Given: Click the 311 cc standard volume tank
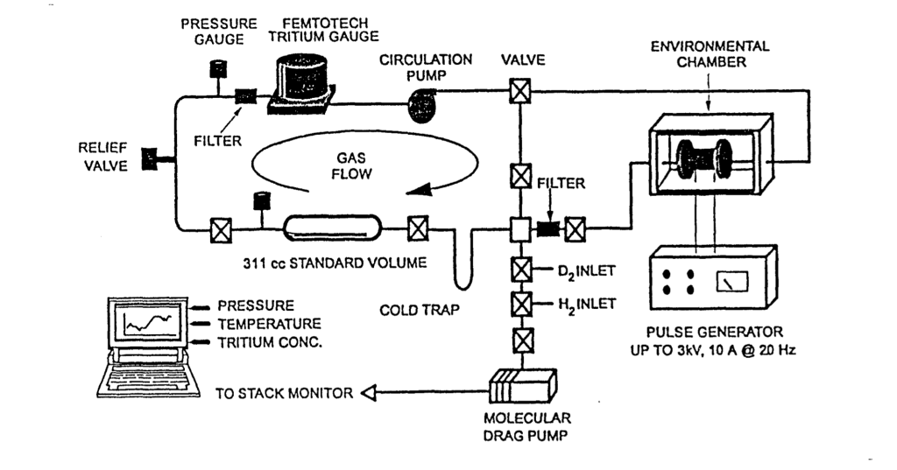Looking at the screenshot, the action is tap(332, 228).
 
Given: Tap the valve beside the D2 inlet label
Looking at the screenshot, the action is tap(521, 270).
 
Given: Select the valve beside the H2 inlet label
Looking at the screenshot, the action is tap(521, 304).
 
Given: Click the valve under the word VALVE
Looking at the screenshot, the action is tap(520, 91).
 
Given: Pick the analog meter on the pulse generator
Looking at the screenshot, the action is tap(731, 282).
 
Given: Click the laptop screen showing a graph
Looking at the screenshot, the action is tap(147, 322).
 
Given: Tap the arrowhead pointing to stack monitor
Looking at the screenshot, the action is tap(369, 393).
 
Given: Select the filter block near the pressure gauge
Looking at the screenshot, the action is tap(246, 96).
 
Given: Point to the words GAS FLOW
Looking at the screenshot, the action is tap(351, 165).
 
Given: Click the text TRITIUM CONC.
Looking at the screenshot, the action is tap(270, 342).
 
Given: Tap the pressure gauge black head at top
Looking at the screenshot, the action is tap(218, 68).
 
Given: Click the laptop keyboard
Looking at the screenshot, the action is tap(147, 377).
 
